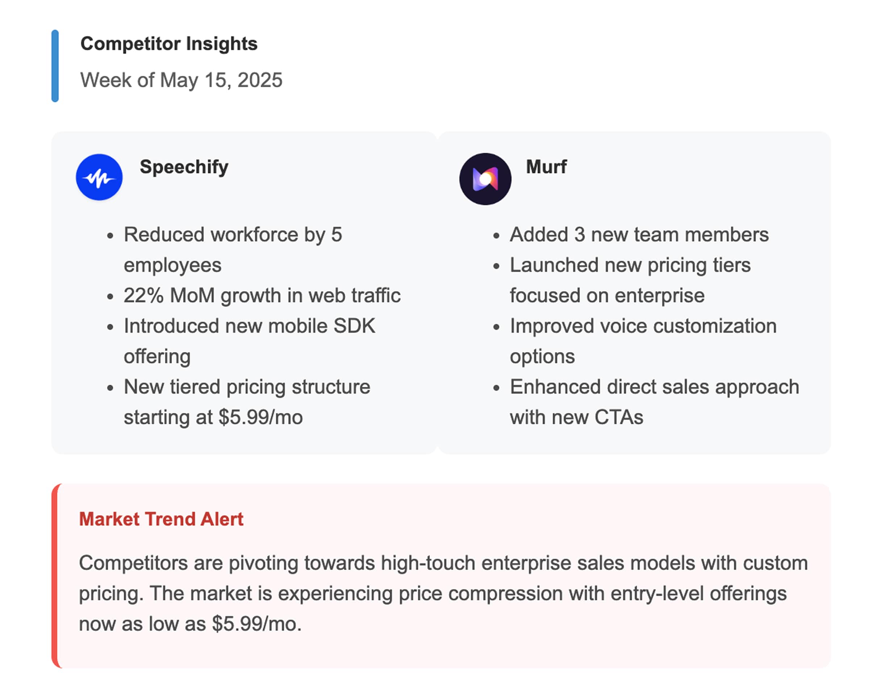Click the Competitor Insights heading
coord(169,43)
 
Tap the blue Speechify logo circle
coord(99,177)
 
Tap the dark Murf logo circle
coord(485,179)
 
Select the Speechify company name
coord(184,167)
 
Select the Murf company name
coord(546,167)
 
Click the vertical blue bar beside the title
coord(55,66)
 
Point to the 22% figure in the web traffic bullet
coord(143,295)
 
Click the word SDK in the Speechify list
coord(354,325)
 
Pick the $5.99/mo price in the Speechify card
coord(260,417)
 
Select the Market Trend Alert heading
coord(161,519)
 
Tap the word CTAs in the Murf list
coord(618,417)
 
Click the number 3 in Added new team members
coord(579,234)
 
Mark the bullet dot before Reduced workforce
coord(110,236)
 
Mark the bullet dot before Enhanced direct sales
coord(496,388)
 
